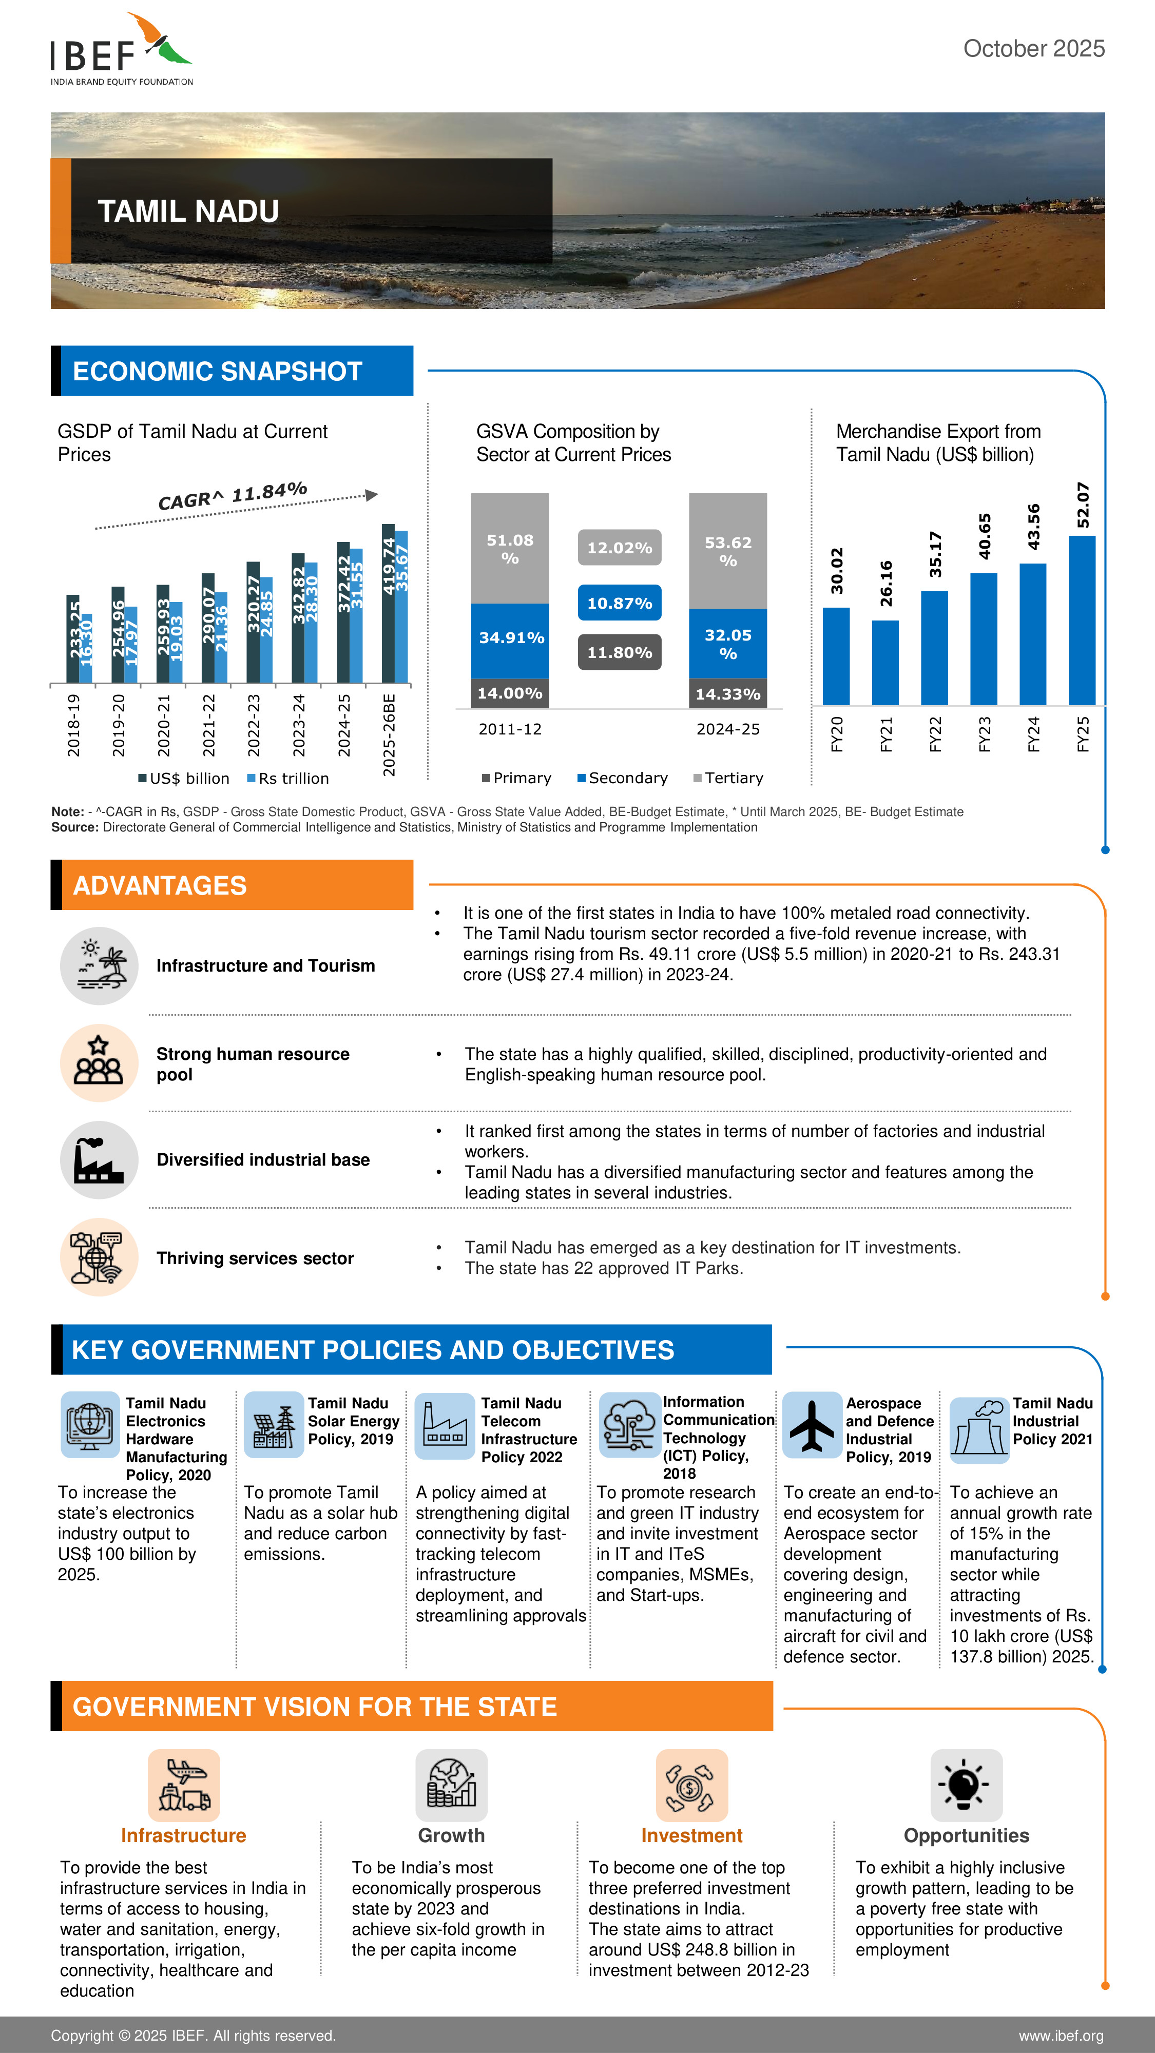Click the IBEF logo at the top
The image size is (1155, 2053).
click(121, 49)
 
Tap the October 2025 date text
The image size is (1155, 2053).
click(1033, 49)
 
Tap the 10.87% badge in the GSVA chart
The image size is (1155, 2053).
click(620, 603)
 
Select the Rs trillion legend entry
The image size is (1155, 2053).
click(288, 779)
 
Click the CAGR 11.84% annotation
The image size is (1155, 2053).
click(232, 496)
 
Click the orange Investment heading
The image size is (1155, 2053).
click(691, 1835)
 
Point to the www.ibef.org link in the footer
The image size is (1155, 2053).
click(1060, 2036)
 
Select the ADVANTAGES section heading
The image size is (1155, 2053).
click(160, 885)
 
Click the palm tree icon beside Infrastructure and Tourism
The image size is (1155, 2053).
click(99, 966)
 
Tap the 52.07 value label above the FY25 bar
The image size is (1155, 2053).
click(1082, 505)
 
